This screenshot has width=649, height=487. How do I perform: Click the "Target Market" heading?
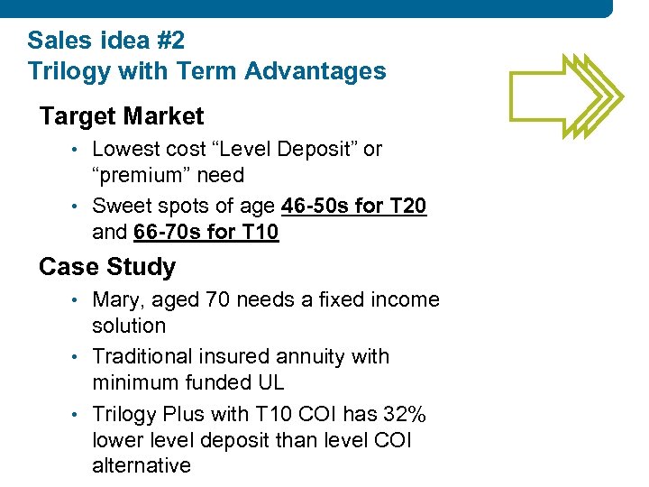tap(122, 116)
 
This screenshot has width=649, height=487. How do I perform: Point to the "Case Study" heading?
tap(107, 267)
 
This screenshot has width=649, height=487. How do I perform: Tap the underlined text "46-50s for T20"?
tap(354, 207)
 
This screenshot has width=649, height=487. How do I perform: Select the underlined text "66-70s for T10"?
tap(206, 233)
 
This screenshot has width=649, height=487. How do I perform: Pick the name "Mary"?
tap(118, 300)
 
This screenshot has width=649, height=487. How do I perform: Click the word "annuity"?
tap(311, 356)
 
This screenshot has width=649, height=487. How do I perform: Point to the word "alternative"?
tap(142, 465)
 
